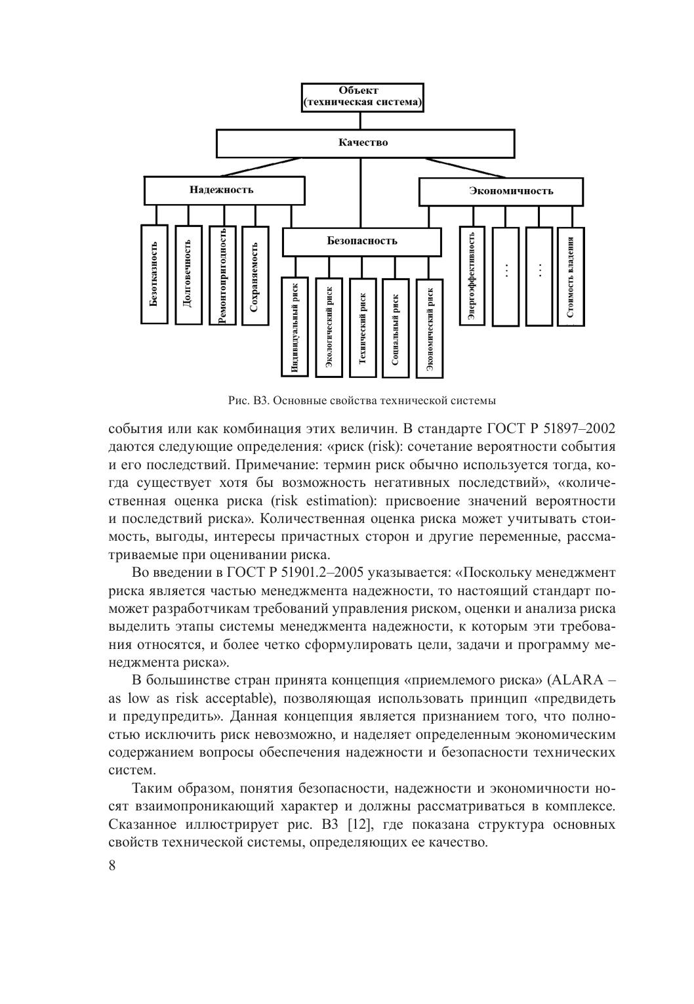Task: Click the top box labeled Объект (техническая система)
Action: tap(362, 97)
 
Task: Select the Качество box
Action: tap(365, 143)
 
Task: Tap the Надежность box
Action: tap(224, 190)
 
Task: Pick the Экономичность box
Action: tap(501, 191)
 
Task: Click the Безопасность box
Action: tap(361, 241)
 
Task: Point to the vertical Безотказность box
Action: tap(154, 274)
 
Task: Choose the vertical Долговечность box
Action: tap(188, 274)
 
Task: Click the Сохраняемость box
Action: tap(255, 275)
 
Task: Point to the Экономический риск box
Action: tap(429, 327)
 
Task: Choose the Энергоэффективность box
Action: tap(472, 276)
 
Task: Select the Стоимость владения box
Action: tap(571, 276)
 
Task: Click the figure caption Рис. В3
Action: tap(361, 400)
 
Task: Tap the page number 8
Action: tap(112, 865)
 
